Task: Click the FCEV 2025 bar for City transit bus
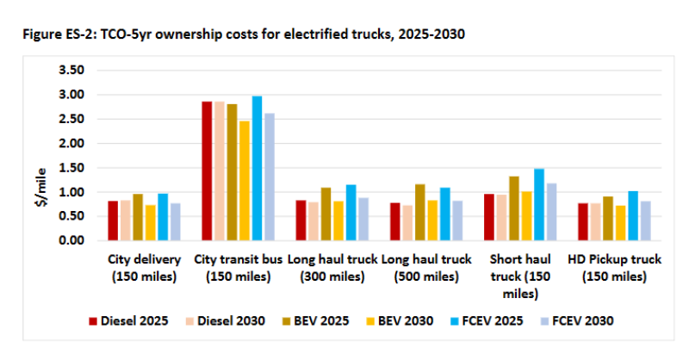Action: coord(257,168)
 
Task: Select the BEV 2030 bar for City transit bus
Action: coord(245,181)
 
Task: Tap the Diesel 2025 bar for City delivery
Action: coord(113,220)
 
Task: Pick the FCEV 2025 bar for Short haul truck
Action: coord(539,204)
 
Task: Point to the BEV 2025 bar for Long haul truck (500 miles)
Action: coord(420,212)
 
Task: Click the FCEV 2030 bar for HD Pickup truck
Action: coord(645,220)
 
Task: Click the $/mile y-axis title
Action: coord(40,155)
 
